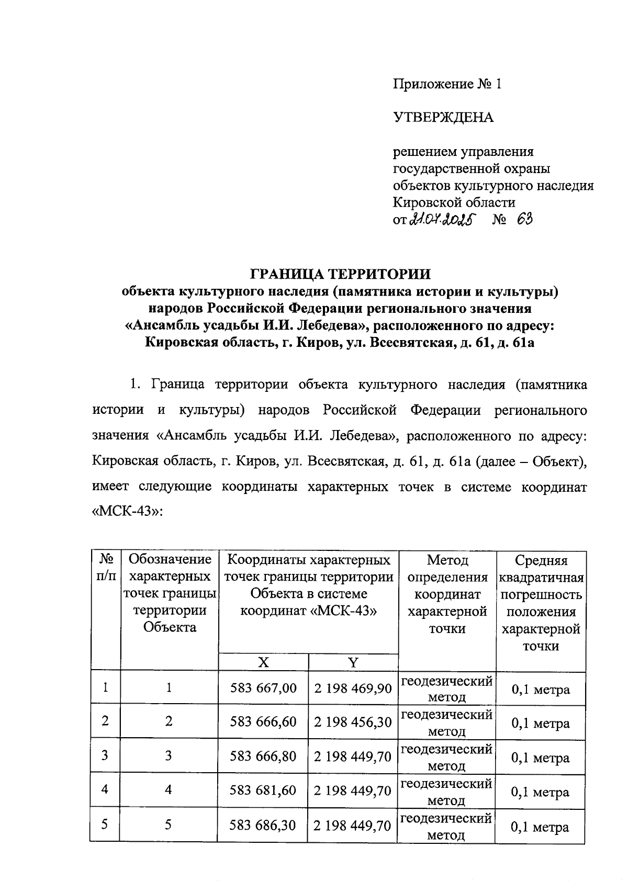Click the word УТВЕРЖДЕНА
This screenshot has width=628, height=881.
coord(443,118)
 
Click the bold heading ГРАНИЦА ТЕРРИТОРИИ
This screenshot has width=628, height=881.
coord(340,274)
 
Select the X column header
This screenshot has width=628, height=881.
coord(263,662)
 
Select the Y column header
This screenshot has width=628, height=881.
coord(353,662)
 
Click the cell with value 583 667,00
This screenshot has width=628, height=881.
coord(263,688)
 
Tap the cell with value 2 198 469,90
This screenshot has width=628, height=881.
coord(353,688)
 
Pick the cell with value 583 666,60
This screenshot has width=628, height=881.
coord(263,722)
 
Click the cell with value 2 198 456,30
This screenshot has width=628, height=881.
coord(353,722)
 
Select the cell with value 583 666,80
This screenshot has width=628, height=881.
coord(263,756)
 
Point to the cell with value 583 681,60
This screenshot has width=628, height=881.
coord(263,790)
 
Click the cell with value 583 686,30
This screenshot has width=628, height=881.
coord(263,825)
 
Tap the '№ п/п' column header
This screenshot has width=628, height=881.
coord(105,568)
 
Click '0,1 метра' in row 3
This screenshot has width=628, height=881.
coord(541,758)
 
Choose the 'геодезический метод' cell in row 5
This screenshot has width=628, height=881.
coord(446,826)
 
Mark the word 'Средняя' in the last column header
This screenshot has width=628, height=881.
coord(541,561)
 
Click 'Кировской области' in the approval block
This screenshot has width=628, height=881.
coord(454,202)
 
